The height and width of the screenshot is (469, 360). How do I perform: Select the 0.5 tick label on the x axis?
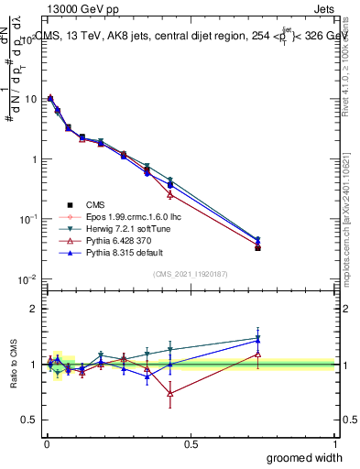(191, 442)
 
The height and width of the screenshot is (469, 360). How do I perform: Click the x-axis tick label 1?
(334, 442)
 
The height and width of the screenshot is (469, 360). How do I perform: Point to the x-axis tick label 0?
(46, 442)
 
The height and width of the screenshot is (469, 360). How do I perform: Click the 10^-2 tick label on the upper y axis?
(27, 279)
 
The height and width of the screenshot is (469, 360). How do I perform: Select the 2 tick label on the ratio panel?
(33, 309)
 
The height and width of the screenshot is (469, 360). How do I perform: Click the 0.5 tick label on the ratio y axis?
(29, 420)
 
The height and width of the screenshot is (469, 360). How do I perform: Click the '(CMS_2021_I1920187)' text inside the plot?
(191, 273)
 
